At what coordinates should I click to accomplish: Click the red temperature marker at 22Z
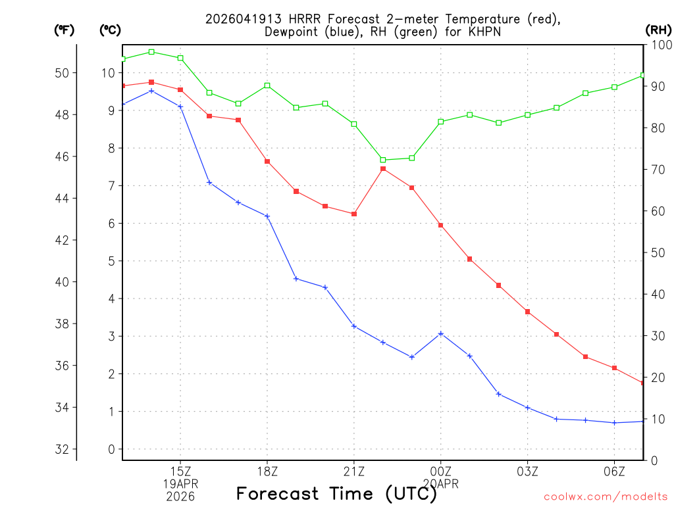pos(383,169)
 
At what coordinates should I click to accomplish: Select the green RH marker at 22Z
pos(383,160)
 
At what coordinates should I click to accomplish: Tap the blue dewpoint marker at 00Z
pos(441,333)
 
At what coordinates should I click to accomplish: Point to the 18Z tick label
pos(267,471)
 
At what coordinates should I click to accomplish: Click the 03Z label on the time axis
pos(527,471)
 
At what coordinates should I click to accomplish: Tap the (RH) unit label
pos(658,30)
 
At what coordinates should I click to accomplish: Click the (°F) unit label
pos(64,30)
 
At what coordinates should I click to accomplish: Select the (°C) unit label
pos(110,30)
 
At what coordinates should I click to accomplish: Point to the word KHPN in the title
pos(483,32)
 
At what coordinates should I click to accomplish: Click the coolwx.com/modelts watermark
pos(606,496)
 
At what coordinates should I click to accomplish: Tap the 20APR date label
pos(440,484)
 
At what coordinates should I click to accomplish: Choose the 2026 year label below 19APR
pos(180,496)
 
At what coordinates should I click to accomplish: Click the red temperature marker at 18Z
pos(267,161)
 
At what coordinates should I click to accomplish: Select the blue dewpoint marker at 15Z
pos(180,107)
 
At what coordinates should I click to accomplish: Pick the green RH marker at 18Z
pos(267,85)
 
